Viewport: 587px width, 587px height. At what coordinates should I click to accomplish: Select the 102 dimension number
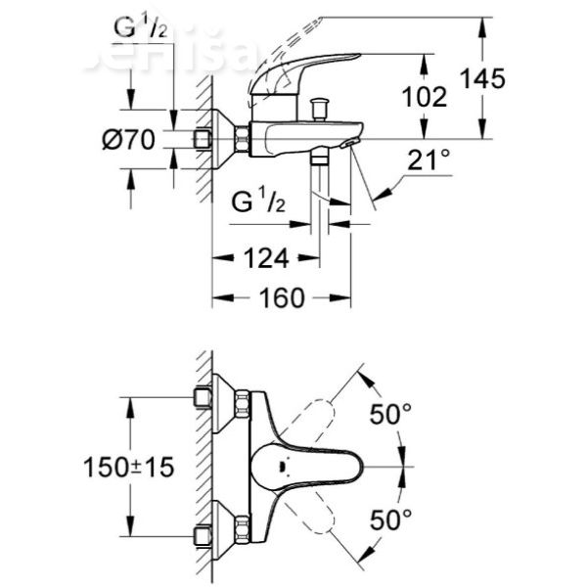(425, 97)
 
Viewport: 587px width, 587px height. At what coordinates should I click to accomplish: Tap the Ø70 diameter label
(128, 140)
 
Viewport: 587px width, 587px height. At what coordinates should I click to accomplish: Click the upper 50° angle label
(390, 415)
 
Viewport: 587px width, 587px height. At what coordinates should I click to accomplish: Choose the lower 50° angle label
(390, 519)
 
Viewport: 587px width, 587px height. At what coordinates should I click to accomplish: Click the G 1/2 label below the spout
(256, 204)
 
